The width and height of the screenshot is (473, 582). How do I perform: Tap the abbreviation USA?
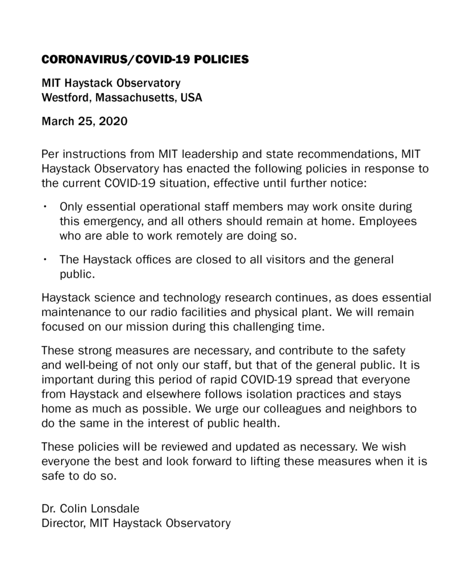(192, 97)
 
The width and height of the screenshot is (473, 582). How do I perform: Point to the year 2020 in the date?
(113, 121)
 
